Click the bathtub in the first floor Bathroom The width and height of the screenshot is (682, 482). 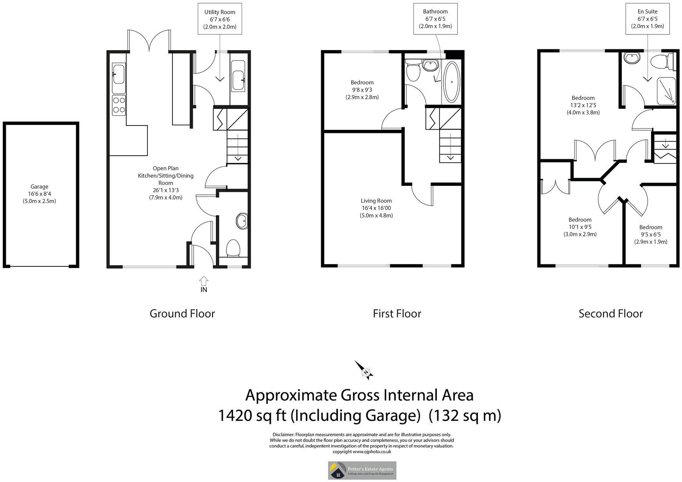point(452,82)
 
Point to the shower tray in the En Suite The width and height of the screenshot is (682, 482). point(666,91)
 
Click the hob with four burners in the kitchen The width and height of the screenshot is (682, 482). point(119,105)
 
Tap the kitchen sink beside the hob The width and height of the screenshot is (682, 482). point(118,74)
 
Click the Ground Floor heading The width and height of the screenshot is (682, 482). point(182,313)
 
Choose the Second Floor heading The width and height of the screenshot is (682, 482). point(610,313)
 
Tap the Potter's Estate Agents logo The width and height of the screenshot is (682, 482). point(362,470)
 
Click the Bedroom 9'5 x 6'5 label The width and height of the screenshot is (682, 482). point(651,234)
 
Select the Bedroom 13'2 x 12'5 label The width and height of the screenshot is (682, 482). point(583,105)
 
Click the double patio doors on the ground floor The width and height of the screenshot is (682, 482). point(149,41)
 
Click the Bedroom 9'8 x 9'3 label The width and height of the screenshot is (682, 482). point(362,90)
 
